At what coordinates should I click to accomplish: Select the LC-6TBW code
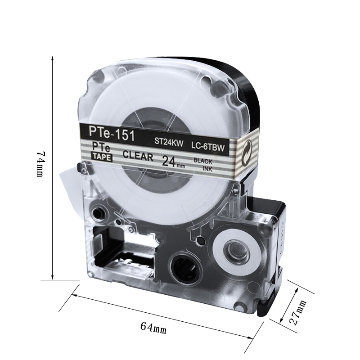(208, 147)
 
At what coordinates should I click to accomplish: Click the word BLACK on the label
(203, 161)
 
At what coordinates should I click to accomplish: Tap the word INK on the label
(207, 169)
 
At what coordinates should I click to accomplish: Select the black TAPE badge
(102, 157)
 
